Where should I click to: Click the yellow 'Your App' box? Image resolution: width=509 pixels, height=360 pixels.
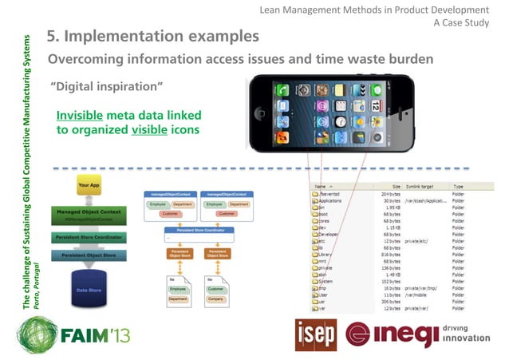click(x=89, y=185)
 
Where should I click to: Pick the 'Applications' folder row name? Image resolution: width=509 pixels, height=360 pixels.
click(x=333, y=200)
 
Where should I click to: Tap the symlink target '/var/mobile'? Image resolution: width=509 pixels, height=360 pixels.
click(x=419, y=295)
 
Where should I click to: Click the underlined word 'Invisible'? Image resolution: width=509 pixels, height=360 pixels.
click(x=80, y=116)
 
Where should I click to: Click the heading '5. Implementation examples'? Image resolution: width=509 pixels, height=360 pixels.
click(x=152, y=37)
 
